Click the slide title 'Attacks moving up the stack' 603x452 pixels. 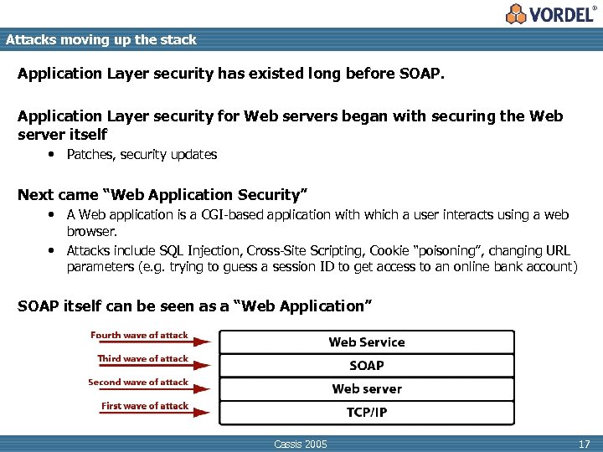(x=100, y=39)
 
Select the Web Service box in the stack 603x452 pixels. (x=366, y=342)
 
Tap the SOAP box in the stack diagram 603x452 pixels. (x=366, y=365)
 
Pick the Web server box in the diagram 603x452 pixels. (x=366, y=388)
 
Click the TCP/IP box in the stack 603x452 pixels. (x=366, y=412)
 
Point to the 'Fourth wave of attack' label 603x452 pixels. (x=139, y=335)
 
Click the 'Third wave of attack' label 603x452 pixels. (x=142, y=358)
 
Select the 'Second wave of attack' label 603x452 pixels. (x=138, y=382)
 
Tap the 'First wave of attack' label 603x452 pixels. (x=144, y=405)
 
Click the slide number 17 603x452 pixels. (x=585, y=444)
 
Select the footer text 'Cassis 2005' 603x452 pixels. (x=301, y=444)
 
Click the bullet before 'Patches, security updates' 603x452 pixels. (x=51, y=155)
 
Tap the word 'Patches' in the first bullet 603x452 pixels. (x=89, y=155)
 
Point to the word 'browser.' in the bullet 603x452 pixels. (x=92, y=230)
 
